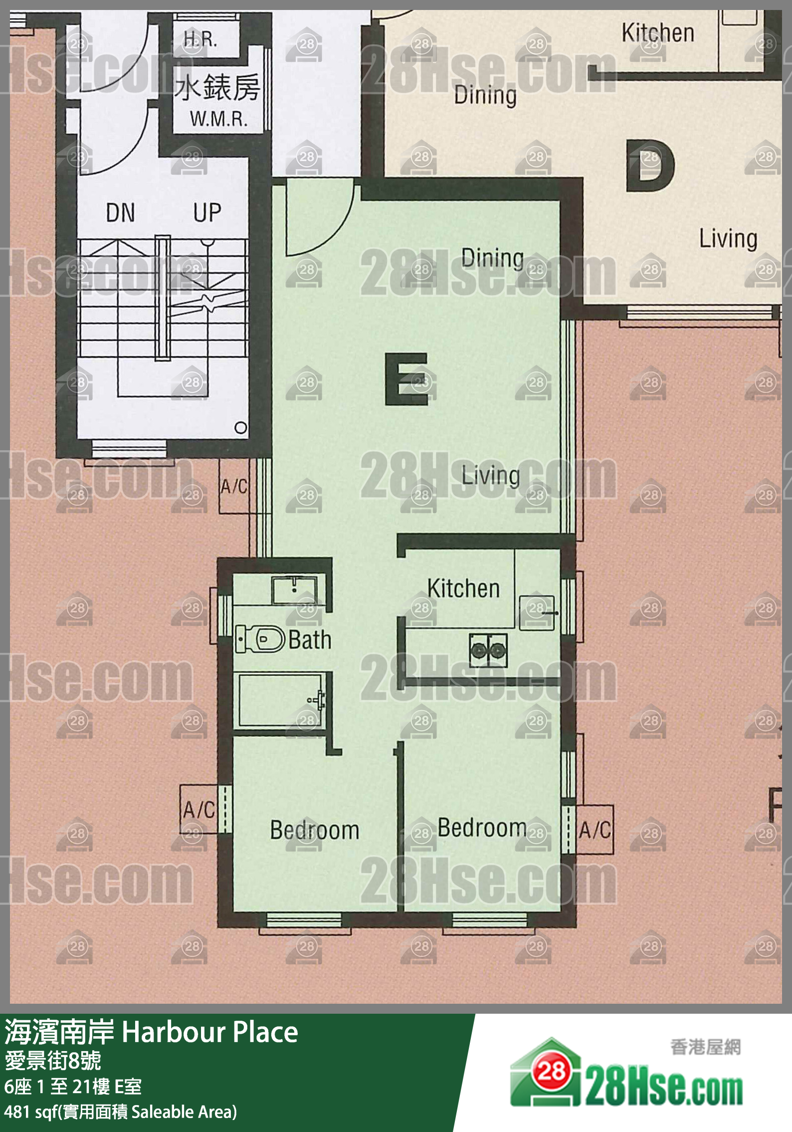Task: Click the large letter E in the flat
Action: tap(406, 379)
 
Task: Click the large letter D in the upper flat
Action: tap(650, 166)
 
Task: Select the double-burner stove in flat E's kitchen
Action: tap(488, 650)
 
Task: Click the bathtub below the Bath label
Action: tap(282, 701)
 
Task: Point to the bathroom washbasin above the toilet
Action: tap(294, 590)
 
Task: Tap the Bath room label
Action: tap(310, 640)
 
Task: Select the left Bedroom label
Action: tap(315, 830)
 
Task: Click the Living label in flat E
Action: tap(490, 475)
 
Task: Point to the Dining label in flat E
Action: tap(492, 259)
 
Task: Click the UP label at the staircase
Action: tap(207, 213)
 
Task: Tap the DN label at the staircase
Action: tap(120, 213)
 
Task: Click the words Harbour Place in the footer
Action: tap(210, 1032)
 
